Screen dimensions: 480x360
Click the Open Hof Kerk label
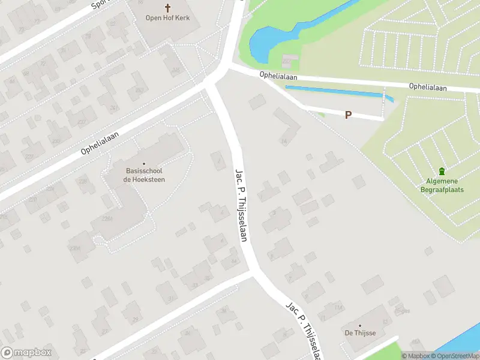[x=167, y=18]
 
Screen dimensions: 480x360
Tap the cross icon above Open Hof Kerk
[x=167, y=8]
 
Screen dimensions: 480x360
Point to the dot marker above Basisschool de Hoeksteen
[x=144, y=163]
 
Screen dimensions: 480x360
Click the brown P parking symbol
[x=348, y=115]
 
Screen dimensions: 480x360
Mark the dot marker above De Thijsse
[x=360, y=326]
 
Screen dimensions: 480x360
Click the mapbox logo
[x=27, y=352]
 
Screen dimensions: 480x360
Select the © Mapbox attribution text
[x=415, y=356]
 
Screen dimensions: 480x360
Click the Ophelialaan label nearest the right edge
[x=428, y=87]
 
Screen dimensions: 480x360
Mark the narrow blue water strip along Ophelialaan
[x=336, y=92]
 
